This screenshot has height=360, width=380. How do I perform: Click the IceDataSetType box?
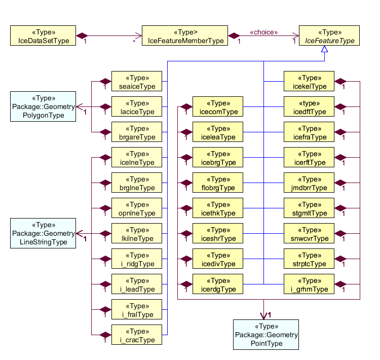(43, 36)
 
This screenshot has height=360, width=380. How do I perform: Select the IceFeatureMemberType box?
(185, 36)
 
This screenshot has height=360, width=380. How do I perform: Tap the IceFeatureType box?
(329, 36)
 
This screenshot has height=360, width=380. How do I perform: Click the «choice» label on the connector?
(263, 32)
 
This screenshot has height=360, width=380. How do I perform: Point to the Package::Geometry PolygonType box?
(43, 106)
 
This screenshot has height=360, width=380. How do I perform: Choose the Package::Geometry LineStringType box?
(43, 233)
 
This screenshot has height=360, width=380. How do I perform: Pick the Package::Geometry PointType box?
(266, 335)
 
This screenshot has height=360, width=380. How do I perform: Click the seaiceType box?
(137, 82)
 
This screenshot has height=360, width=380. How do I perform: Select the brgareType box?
(137, 132)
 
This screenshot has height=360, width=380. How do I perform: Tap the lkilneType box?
(137, 234)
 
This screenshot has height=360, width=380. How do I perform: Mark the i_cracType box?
(137, 335)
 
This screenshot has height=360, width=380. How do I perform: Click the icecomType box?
(218, 107)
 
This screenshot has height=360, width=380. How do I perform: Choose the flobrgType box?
(218, 183)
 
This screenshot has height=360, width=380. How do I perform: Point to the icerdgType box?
(218, 284)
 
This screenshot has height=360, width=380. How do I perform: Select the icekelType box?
(309, 82)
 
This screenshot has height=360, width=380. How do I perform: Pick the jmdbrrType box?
(309, 183)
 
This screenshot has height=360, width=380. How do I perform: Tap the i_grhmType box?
(309, 284)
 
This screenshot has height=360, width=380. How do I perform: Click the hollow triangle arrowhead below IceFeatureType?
(325, 50)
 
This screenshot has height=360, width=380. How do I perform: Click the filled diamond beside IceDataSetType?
(82, 36)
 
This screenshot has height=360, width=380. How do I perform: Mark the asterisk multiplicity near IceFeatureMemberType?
(135, 41)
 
